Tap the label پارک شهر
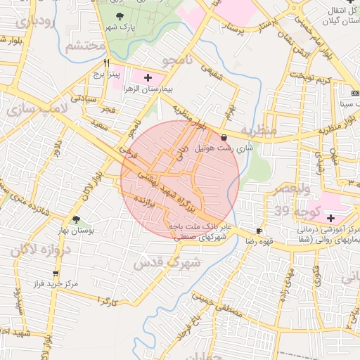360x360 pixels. point(119,27)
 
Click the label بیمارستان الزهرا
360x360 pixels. point(148,89)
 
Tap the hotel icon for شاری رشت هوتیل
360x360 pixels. point(224,137)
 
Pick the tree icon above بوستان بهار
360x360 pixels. point(76,219)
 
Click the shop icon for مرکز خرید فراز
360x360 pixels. point(56,274)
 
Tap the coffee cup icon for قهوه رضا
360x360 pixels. point(259,231)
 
